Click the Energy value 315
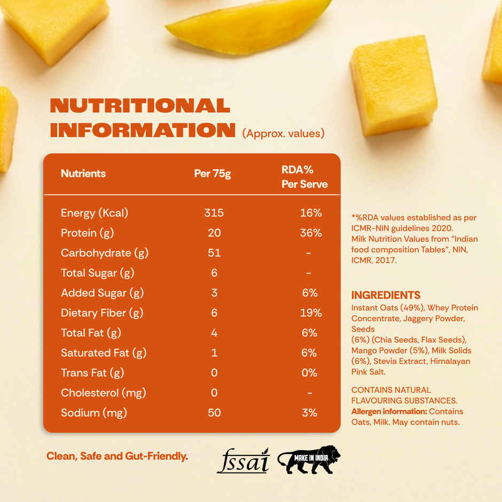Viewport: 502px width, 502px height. coord(214,213)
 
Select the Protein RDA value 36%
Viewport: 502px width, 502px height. coord(311,233)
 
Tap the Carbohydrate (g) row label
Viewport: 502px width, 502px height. coord(105,253)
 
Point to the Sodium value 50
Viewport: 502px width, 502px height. coord(214,413)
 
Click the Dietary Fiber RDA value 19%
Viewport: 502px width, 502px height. coord(311,313)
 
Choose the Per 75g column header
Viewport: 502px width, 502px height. coord(213,174)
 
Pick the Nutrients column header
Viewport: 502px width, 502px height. coord(83,174)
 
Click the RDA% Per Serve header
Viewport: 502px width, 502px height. coord(304,177)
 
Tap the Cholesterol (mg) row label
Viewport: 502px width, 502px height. coord(104,393)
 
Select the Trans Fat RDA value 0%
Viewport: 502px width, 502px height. coord(310,373)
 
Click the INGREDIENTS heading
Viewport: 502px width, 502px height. coord(386,295)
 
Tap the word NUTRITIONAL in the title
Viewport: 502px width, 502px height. coord(140,105)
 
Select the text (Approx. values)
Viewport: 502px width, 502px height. coord(283,133)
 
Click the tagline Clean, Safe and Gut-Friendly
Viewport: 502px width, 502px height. coord(117,457)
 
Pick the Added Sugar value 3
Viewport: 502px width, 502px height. coord(214,293)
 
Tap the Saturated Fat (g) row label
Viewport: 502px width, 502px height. coord(104,353)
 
